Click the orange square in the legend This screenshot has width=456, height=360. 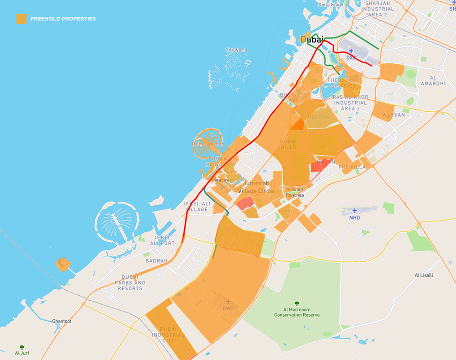pos(21,19)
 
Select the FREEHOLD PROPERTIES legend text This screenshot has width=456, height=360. pos(63,19)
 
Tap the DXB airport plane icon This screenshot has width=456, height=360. pos(351,51)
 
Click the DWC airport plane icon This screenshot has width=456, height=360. pos(228,302)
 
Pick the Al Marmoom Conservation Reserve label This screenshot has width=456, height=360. pos(297,312)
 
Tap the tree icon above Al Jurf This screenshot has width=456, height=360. pos(22,347)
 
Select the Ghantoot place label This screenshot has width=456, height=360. pos(62,321)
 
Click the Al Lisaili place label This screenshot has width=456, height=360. pos(424,275)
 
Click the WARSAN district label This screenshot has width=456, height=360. pos(394,115)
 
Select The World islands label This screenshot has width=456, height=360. pos(236,50)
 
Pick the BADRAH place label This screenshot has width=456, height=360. pos(156,261)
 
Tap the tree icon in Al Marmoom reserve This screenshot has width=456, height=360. pos(297,303)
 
